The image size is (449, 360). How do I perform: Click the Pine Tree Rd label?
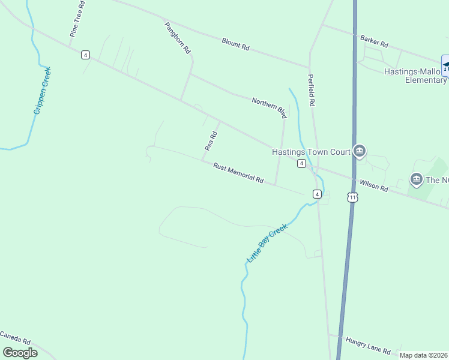[x=77, y=19]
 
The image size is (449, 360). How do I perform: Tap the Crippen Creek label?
[x=43, y=91]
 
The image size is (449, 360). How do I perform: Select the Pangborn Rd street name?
[x=178, y=38]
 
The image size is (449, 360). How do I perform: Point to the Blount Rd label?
[x=235, y=44]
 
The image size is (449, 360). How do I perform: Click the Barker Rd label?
[x=375, y=41]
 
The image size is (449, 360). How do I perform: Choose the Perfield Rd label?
[x=312, y=90]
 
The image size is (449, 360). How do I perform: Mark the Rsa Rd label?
[x=210, y=141]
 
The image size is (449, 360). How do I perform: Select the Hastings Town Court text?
[x=311, y=152]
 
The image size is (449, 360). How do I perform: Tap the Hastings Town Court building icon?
[x=360, y=151]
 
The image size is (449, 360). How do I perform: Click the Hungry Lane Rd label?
[x=368, y=345]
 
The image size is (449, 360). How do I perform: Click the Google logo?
[x=20, y=353]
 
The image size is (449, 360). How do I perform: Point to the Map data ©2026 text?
[x=424, y=355]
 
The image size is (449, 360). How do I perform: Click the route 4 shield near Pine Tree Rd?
[x=86, y=55]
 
